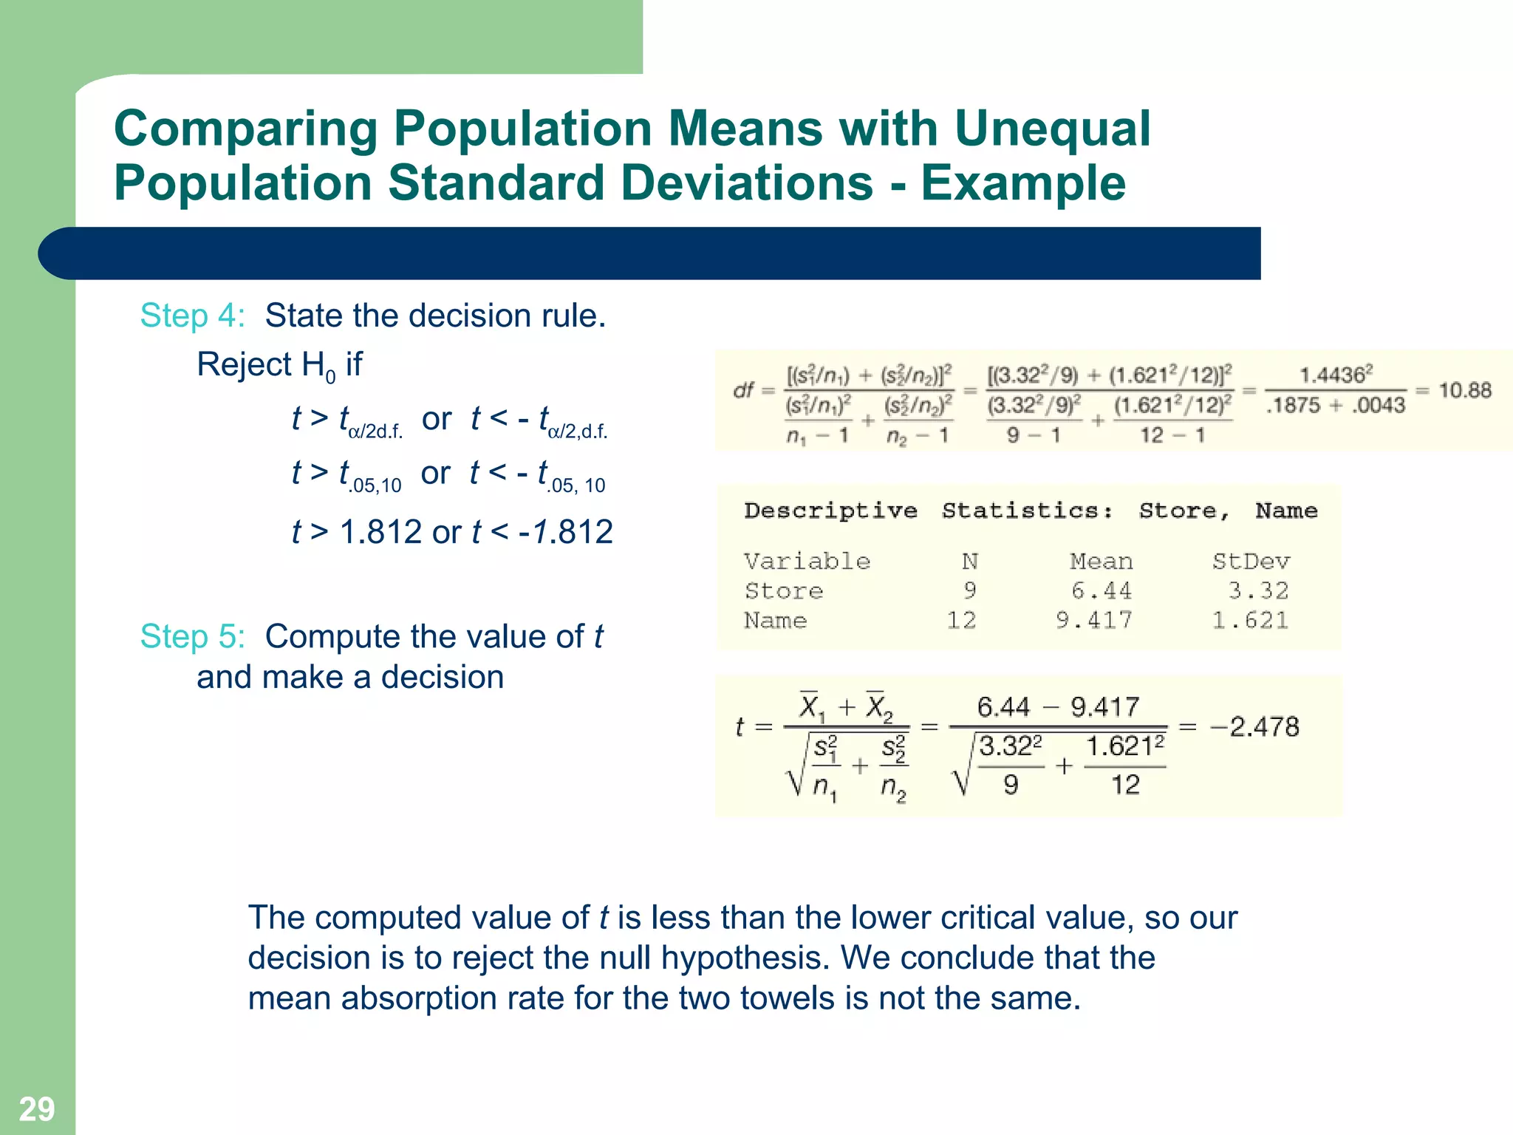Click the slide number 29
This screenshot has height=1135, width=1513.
[x=36, y=1109]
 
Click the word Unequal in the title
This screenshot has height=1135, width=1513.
[x=1052, y=129]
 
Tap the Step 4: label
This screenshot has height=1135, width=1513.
[x=192, y=316]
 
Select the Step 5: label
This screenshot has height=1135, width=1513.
[x=192, y=636]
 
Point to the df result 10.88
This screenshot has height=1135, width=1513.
[x=1465, y=389]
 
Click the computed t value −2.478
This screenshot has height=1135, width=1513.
[x=1254, y=726]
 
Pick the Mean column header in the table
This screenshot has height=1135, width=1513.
[x=1101, y=562]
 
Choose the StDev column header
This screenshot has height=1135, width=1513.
[x=1251, y=562]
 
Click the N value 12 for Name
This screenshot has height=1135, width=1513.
[x=961, y=620]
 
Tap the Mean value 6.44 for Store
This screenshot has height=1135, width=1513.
[x=1101, y=590]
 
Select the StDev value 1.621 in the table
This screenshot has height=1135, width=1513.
[x=1250, y=620]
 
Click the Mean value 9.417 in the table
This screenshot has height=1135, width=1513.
[x=1093, y=620]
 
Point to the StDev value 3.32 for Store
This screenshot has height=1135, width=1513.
[x=1258, y=590]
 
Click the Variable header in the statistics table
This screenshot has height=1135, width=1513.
[x=807, y=562]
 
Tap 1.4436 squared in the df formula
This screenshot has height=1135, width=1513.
[x=1336, y=375]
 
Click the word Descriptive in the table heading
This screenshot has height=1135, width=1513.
[x=830, y=511]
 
